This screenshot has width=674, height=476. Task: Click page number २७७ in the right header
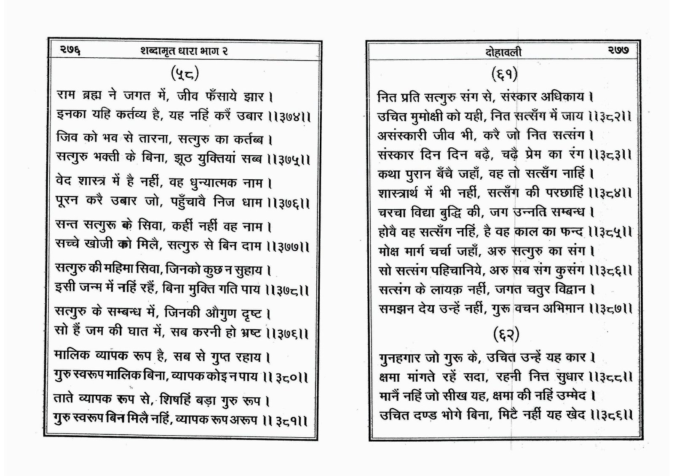pyautogui.click(x=618, y=51)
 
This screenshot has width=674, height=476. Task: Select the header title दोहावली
pyautogui.click(x=503, y=52)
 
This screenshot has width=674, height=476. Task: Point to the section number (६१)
pyautogui.click(x=504, y=74)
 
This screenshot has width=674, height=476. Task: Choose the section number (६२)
pyautogui.click(x=506, y=335)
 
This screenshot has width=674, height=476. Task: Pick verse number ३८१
pyautogui.click(x=290, y=420)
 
